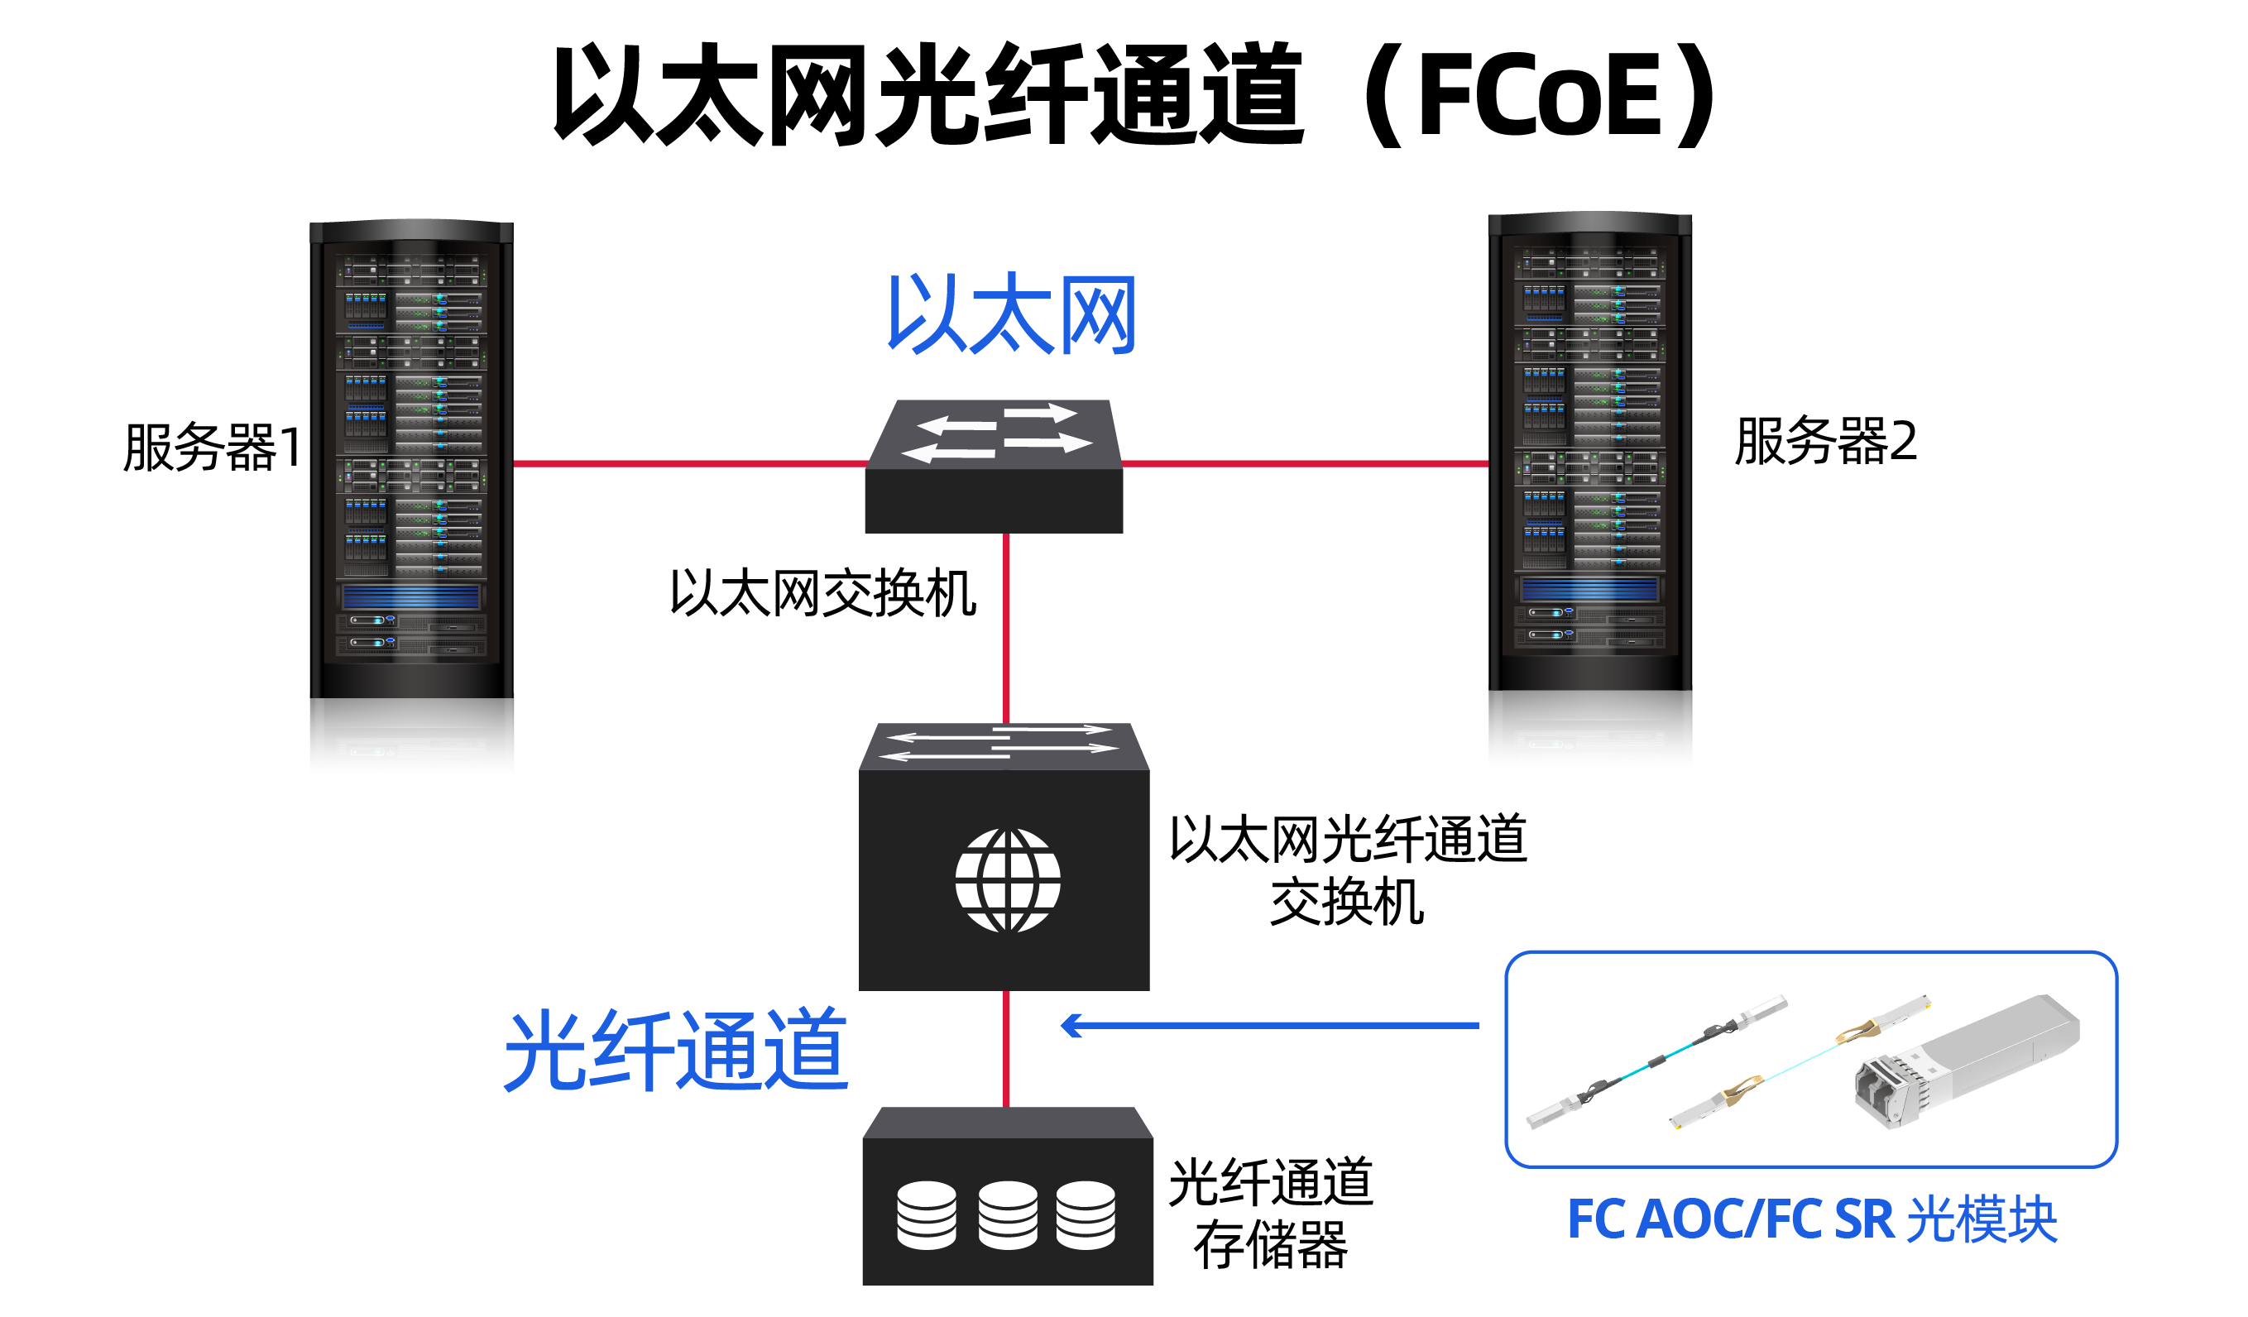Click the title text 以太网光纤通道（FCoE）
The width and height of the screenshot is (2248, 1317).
1133,94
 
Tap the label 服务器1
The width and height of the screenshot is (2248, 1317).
213,448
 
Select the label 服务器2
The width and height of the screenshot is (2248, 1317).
1825,443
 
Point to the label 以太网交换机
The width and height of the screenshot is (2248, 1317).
822,594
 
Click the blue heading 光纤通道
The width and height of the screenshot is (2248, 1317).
675,1051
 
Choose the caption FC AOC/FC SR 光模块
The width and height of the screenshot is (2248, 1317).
1812,1220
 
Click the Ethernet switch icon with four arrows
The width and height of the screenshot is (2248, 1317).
995,467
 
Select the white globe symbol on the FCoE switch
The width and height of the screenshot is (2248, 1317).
1007,881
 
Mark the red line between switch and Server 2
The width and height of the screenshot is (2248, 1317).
1305,463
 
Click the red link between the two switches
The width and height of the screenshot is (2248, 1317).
1006,629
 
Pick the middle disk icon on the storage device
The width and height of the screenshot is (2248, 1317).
1007,1215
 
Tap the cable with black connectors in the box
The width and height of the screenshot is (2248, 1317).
1655,1061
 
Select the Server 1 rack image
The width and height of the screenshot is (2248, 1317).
411,497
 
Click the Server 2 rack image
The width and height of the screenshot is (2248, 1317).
1589,491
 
